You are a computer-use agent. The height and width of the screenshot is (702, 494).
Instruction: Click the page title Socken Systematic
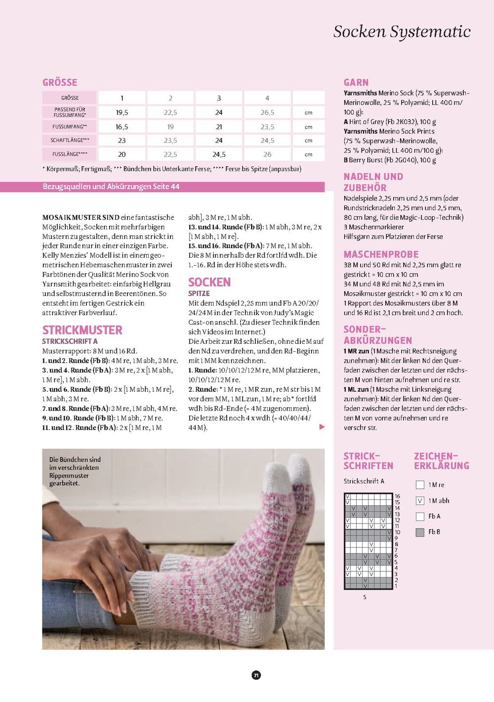point(402,32)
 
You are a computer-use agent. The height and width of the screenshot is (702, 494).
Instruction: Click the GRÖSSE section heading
point(60,83)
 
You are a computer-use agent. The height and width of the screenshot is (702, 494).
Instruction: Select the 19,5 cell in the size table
point(122,113)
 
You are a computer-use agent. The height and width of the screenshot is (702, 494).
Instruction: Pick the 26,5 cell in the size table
point(267,113)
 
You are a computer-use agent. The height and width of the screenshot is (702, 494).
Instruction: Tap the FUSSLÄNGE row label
point(70,154)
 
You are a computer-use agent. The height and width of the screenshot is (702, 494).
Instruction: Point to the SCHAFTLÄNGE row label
point(70,140)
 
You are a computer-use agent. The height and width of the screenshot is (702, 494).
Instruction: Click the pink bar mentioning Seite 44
point(183,187)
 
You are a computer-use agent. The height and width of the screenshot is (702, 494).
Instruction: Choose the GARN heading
point(356,83)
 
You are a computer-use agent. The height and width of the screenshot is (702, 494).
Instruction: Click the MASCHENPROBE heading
point(381,254)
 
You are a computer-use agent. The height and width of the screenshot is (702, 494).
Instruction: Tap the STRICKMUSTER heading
point(82,330)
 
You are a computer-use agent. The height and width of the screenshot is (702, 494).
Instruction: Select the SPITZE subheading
point(199,293)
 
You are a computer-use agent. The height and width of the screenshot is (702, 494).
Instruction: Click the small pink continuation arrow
point(322,427)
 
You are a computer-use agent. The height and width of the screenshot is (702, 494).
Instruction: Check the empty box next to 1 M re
point(420,485)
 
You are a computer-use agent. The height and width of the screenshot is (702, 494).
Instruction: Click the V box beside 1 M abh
point(420,501)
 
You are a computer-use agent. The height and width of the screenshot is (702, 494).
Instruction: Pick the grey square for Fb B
point(420,532)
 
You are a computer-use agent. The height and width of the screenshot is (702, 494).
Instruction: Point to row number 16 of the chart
point(397,496)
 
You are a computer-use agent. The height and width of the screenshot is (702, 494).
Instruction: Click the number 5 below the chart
point(365,597)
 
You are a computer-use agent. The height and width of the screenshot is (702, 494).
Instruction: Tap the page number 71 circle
point(256,675)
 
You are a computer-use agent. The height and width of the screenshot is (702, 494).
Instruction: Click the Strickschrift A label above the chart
point(364,481)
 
